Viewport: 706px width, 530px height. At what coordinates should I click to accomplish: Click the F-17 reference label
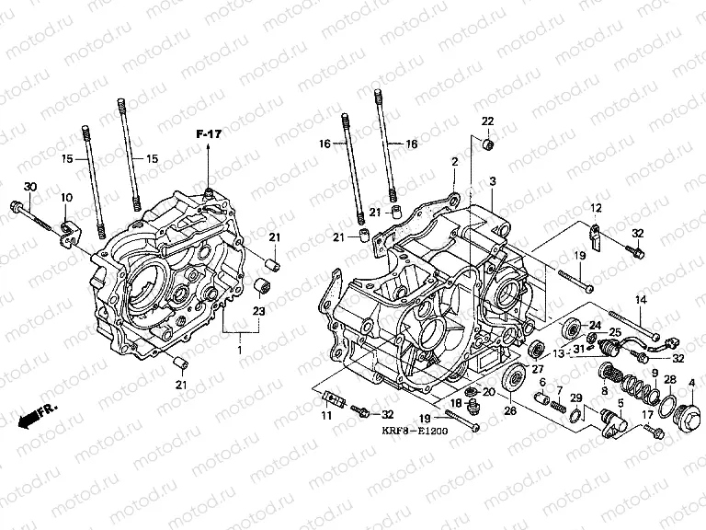coord(210,136)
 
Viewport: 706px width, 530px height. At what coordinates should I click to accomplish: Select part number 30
coord(29,188)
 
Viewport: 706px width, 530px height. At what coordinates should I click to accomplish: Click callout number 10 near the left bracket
coord(66,199)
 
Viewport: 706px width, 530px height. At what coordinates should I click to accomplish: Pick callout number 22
coord(488,121)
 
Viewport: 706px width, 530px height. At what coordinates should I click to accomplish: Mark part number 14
coord(642,299)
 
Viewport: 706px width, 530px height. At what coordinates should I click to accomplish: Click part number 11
coord(325,417)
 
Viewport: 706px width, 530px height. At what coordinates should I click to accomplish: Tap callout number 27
coord(538,369)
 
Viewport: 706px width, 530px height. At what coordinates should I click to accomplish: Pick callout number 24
coord(594,325)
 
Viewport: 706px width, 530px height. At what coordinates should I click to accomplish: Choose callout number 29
coord(576,397)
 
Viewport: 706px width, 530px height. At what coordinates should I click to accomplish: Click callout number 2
coord(453,162)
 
